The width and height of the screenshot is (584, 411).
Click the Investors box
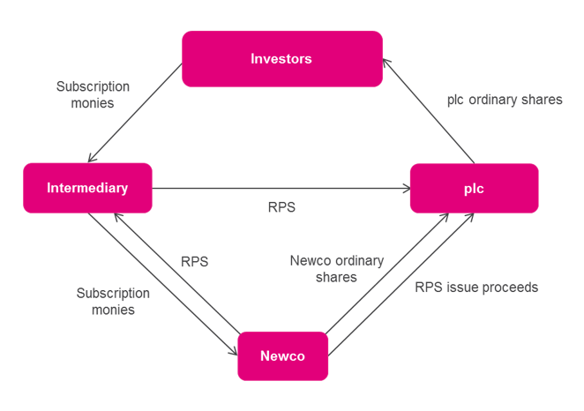281,59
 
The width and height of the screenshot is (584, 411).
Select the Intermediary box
87,188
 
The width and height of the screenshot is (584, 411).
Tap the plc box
474,188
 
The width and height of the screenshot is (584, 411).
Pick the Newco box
282,355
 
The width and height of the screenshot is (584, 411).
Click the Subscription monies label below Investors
93,94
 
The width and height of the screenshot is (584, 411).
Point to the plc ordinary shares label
505,101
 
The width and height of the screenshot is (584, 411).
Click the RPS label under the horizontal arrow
281,207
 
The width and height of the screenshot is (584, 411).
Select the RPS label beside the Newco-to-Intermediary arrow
195,261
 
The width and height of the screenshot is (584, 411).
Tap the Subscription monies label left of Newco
112,300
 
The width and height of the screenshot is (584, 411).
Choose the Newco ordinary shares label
337,268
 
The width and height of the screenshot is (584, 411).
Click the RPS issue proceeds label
476,288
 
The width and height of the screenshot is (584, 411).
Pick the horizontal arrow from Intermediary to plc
281,188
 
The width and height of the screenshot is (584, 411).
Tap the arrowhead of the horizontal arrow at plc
406,188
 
